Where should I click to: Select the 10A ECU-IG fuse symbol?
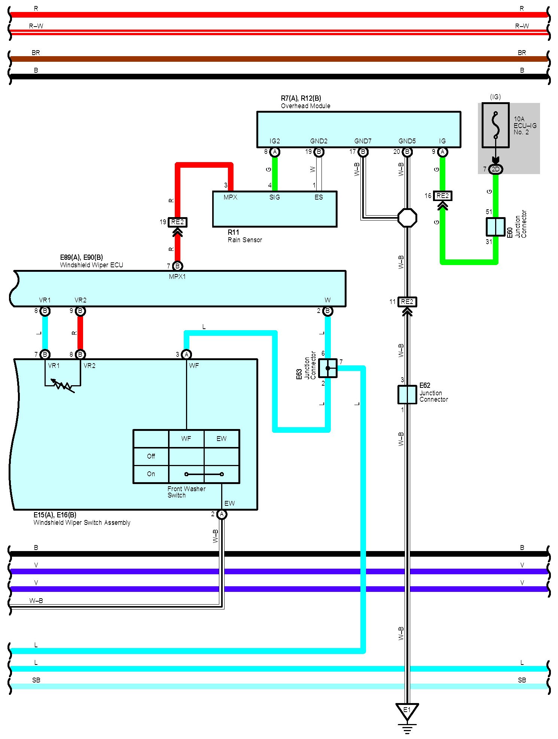(496, 125)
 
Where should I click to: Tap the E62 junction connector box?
(407, 395)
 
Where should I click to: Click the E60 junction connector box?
(496, 226)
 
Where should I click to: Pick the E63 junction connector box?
(328, 368)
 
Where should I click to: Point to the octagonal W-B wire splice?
(407, 218)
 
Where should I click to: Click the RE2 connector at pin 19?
(177, 222)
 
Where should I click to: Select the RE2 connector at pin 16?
(442, 196)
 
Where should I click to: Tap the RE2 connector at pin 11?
(407, 302)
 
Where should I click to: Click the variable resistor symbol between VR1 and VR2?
(62, 384)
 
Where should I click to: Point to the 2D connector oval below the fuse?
(496, 169)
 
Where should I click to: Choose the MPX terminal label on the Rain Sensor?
(231, 197)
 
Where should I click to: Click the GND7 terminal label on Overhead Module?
(363, 141)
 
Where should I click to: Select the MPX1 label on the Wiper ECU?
(177, 277)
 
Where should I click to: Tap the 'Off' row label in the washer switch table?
(151, 456)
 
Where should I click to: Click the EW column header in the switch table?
(222, 438)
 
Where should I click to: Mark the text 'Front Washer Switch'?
(186, 492)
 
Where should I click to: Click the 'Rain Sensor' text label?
(245, 240)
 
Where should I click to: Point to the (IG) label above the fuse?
(495, 97)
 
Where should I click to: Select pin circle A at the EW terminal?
(222, 514)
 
